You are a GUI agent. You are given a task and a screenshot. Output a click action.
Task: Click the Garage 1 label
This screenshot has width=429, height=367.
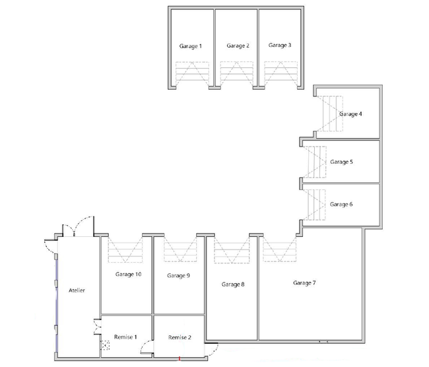(x=191, y=46)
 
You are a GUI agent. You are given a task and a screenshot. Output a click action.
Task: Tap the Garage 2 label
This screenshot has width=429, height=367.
(x=238, y=46)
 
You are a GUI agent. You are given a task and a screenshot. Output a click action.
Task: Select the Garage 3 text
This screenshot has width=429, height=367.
(x=280, y=45)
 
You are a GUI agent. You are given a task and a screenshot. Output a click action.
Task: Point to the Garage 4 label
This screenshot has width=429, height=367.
(x=350, y=114)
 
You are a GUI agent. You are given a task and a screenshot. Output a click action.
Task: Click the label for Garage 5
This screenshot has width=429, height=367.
(x=341, y=162)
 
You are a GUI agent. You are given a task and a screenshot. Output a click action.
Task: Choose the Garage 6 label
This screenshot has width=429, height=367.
(x=341, y=205)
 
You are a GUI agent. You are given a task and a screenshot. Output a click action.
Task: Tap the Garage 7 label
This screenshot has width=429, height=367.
(x=304, y=283)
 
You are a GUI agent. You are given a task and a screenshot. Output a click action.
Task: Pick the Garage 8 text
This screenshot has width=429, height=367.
(x=233, y=284)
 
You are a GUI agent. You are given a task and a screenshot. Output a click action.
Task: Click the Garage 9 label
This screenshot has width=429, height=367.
(x=178, y=276)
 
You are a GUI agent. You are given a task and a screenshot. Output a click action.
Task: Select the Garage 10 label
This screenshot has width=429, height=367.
(x=128, y=274)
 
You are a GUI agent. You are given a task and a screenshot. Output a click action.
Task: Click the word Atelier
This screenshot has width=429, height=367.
(x=77, y=290)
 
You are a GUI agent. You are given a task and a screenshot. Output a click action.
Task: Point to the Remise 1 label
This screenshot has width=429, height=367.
(x=125, y=337)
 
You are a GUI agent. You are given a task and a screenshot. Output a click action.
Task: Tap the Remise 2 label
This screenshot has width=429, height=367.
(x=180, y=337)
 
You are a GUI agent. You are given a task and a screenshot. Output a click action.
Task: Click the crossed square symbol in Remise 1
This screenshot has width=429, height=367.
(x=106, y=345)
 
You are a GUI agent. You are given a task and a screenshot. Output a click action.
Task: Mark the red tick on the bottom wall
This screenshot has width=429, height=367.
(x=180, y=358)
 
